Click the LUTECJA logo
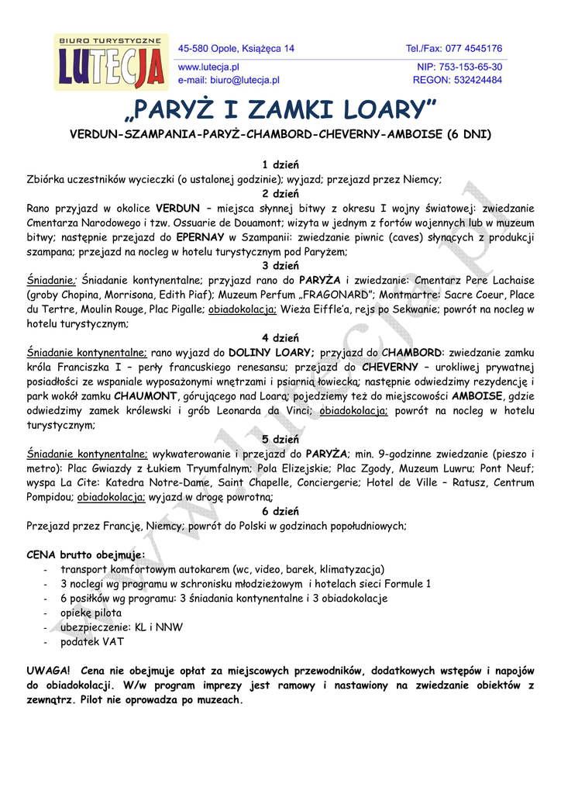click(x=111, y=61)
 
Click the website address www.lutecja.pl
click(x=208, y=67)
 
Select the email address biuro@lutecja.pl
click(x=229, y=80)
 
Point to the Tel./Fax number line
click(x=453, y=48)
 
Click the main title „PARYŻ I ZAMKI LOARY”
click(x=280, y=109)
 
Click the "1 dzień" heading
click(x=280, y=165)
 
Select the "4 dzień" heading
click(x=280, y=337)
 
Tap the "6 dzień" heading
click(x=280, y=511)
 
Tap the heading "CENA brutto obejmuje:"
click(x=85, y=555)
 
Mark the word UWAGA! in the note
click(x=48, y=671)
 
